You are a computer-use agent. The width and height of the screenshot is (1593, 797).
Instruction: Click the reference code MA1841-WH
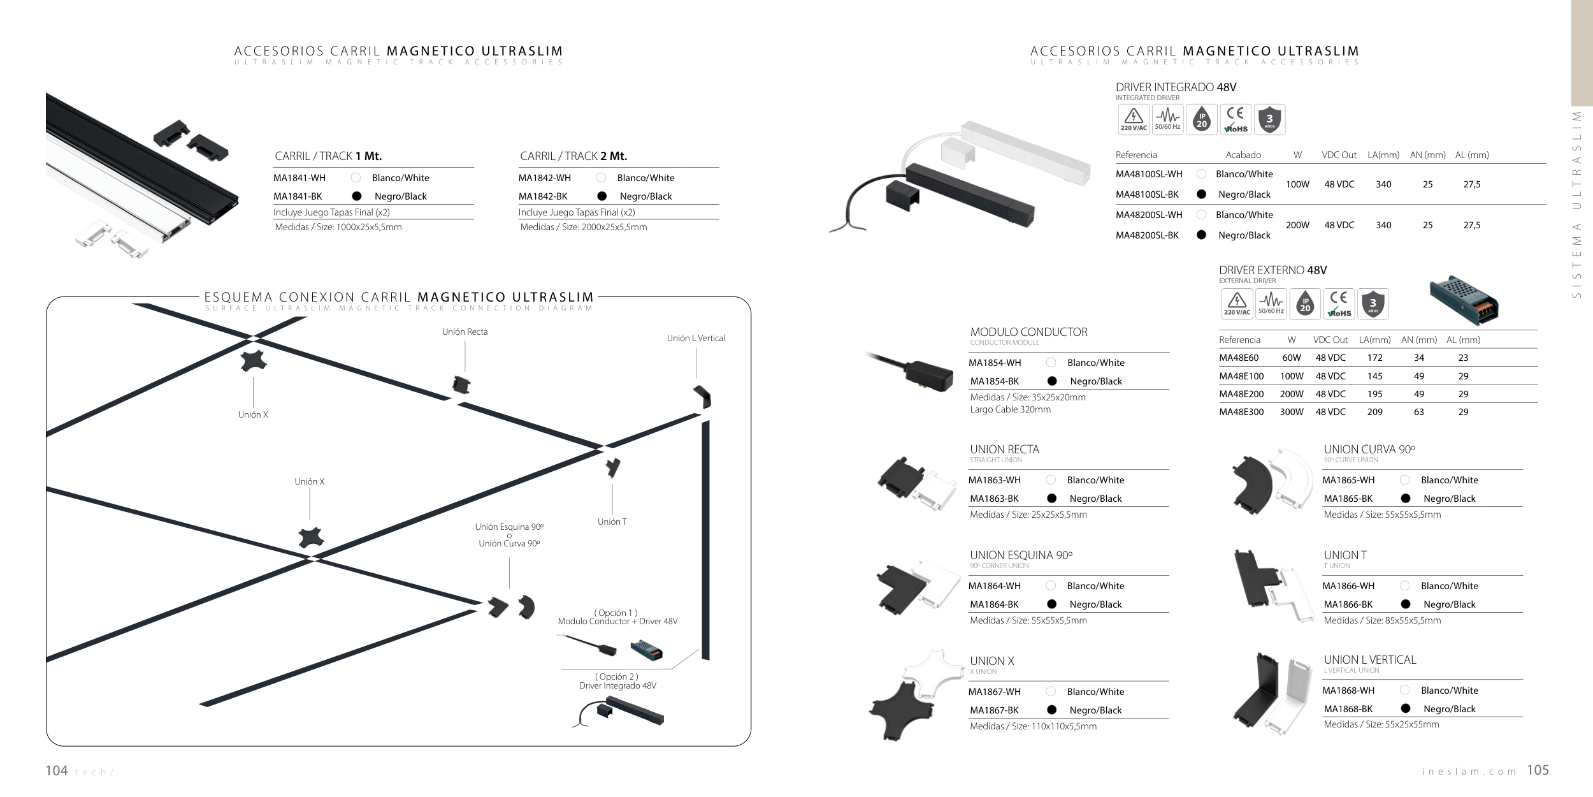pos(299,178)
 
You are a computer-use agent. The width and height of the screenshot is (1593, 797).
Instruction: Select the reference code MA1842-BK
pos(543,196)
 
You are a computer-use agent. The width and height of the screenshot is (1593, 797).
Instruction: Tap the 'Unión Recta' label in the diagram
pos(465,332)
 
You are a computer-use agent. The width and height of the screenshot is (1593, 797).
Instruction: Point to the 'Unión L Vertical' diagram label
pos(696,338)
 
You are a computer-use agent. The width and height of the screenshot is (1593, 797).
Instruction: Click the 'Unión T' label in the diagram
pos(612,522)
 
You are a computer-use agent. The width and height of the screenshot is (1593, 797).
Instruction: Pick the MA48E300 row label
pos(1241,412)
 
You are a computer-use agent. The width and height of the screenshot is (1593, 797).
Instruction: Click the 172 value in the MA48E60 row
pos(1374,358)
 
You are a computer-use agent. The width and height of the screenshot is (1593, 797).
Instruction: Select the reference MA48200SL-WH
pos(1149,215)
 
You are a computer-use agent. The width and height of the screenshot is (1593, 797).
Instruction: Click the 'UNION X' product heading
pos(992,661)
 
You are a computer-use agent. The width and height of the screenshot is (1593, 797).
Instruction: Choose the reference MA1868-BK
pos(1348,709)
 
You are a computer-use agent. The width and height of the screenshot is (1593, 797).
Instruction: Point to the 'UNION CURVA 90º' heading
pos(1369,450)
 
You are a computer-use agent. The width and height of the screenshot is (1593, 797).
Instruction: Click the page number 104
pos(57,771)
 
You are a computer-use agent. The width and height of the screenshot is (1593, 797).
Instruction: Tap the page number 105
pos(1538,770)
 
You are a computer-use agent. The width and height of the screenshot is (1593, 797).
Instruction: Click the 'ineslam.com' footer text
pos(1469,772)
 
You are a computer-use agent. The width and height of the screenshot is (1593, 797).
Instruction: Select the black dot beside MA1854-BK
pos(1052,381)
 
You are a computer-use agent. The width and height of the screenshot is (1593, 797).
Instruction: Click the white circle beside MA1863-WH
pos(1051,480)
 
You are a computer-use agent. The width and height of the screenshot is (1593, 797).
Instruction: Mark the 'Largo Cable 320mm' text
pos(1010,409)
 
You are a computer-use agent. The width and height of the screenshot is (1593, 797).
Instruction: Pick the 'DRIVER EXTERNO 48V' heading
pos(1272,270)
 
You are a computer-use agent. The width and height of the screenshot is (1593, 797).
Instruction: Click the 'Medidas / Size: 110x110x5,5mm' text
pos(1033,726)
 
